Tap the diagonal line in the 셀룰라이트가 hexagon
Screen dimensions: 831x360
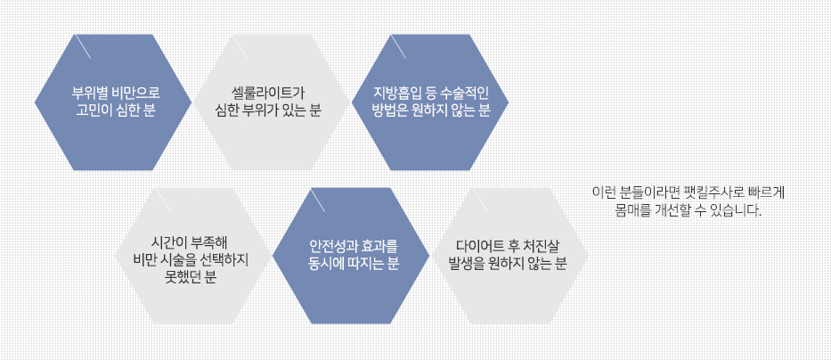[x=240, y=46]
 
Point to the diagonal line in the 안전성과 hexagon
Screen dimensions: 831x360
[x=318, y=200]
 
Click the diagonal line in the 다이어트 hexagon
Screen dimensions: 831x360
[x=480, y=200]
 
